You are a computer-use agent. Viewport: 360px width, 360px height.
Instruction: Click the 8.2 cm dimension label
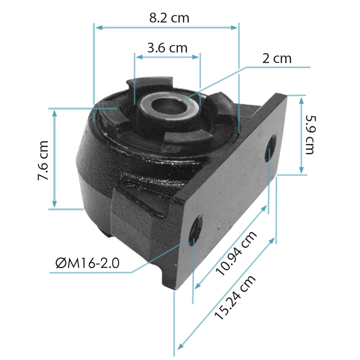pos(169,18)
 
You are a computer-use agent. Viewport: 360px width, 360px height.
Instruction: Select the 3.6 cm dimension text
pos(167,48)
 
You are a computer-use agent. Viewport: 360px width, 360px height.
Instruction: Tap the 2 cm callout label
pos(277,59)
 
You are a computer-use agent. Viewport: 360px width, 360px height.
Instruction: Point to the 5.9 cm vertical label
pos(310,135)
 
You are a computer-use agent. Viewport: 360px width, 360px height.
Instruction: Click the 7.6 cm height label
pos(43,160)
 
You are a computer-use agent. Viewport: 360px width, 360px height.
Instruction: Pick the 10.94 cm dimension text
pos(236,254)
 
